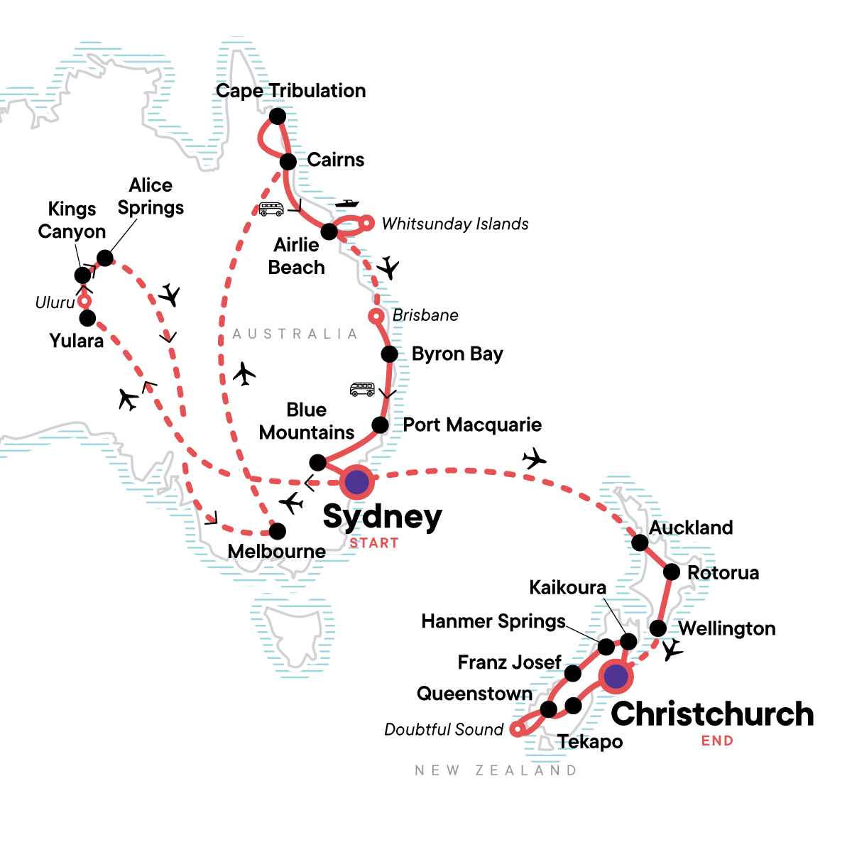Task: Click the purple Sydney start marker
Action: tap(356, 483)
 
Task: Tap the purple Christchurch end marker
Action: tap(616, 677)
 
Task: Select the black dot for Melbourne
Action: tap(278, 530)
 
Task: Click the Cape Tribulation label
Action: tap(291, 91)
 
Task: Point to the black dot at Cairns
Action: tap(288, 162)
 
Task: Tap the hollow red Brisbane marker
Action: tap(376, 315)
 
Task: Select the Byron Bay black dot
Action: tap(389, 354)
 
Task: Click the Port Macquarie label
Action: tap(472, 425)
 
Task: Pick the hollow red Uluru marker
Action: tap(84, 301)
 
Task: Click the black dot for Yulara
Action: tap(87, 318)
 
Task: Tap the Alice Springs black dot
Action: tap(104, 258)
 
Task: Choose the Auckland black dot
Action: tap(640, 543)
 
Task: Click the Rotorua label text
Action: tap(723, 573)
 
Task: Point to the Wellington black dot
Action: tap(658, 628)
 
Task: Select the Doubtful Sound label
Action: tap(444, 729)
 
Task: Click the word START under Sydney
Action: tap(374, 543)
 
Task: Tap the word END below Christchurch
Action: tap(717, 741)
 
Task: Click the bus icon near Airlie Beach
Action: tap(271, 209)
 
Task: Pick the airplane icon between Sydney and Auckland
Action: tap(534, 459)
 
